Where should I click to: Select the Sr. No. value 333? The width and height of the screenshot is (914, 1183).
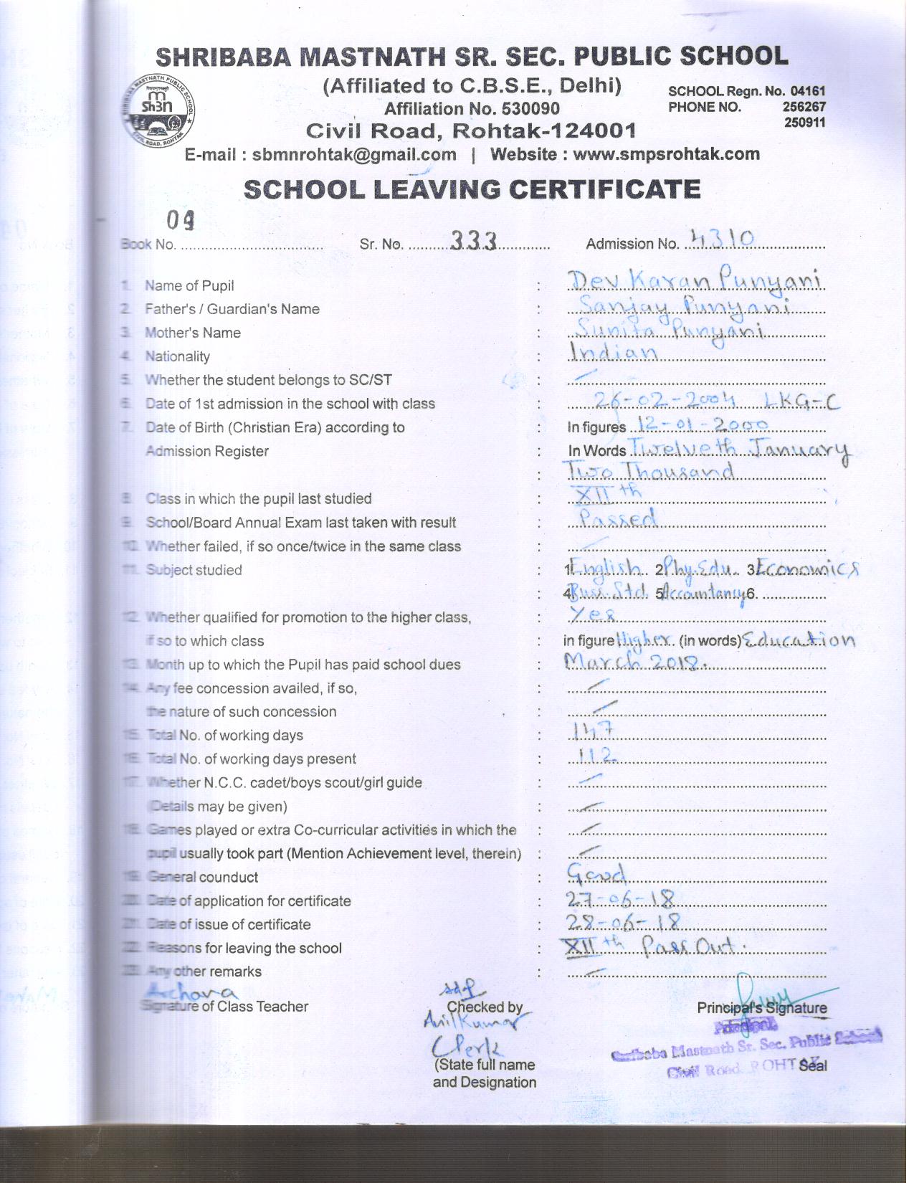474,242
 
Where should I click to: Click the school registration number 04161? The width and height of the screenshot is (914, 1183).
808,91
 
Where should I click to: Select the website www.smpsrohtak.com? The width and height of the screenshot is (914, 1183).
666,154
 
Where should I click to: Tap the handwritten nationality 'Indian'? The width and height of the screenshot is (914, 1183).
614,353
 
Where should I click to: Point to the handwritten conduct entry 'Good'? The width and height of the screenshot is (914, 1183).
596,873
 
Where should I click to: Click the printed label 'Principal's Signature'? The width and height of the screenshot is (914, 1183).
761,1008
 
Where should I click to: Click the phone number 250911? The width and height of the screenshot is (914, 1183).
806,123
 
